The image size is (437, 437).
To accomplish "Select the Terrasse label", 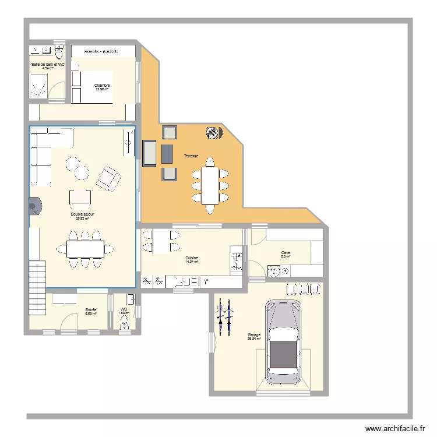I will coord(191,156).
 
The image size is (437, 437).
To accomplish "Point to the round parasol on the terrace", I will coord(213,133).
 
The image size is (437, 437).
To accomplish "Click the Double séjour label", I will coord(83,214).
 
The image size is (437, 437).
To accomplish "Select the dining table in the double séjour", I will coord(85,249).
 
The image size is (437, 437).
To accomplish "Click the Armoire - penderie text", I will coord(101,51).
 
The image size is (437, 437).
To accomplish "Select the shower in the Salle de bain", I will coord(38,86).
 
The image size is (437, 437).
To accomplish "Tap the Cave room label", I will coord(286,253).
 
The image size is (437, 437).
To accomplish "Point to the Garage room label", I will coord(254,335).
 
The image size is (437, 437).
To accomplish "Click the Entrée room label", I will coord(90,310).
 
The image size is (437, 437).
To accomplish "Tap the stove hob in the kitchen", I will coord(237,259).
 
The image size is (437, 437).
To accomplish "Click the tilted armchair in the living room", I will coord(108,178).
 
